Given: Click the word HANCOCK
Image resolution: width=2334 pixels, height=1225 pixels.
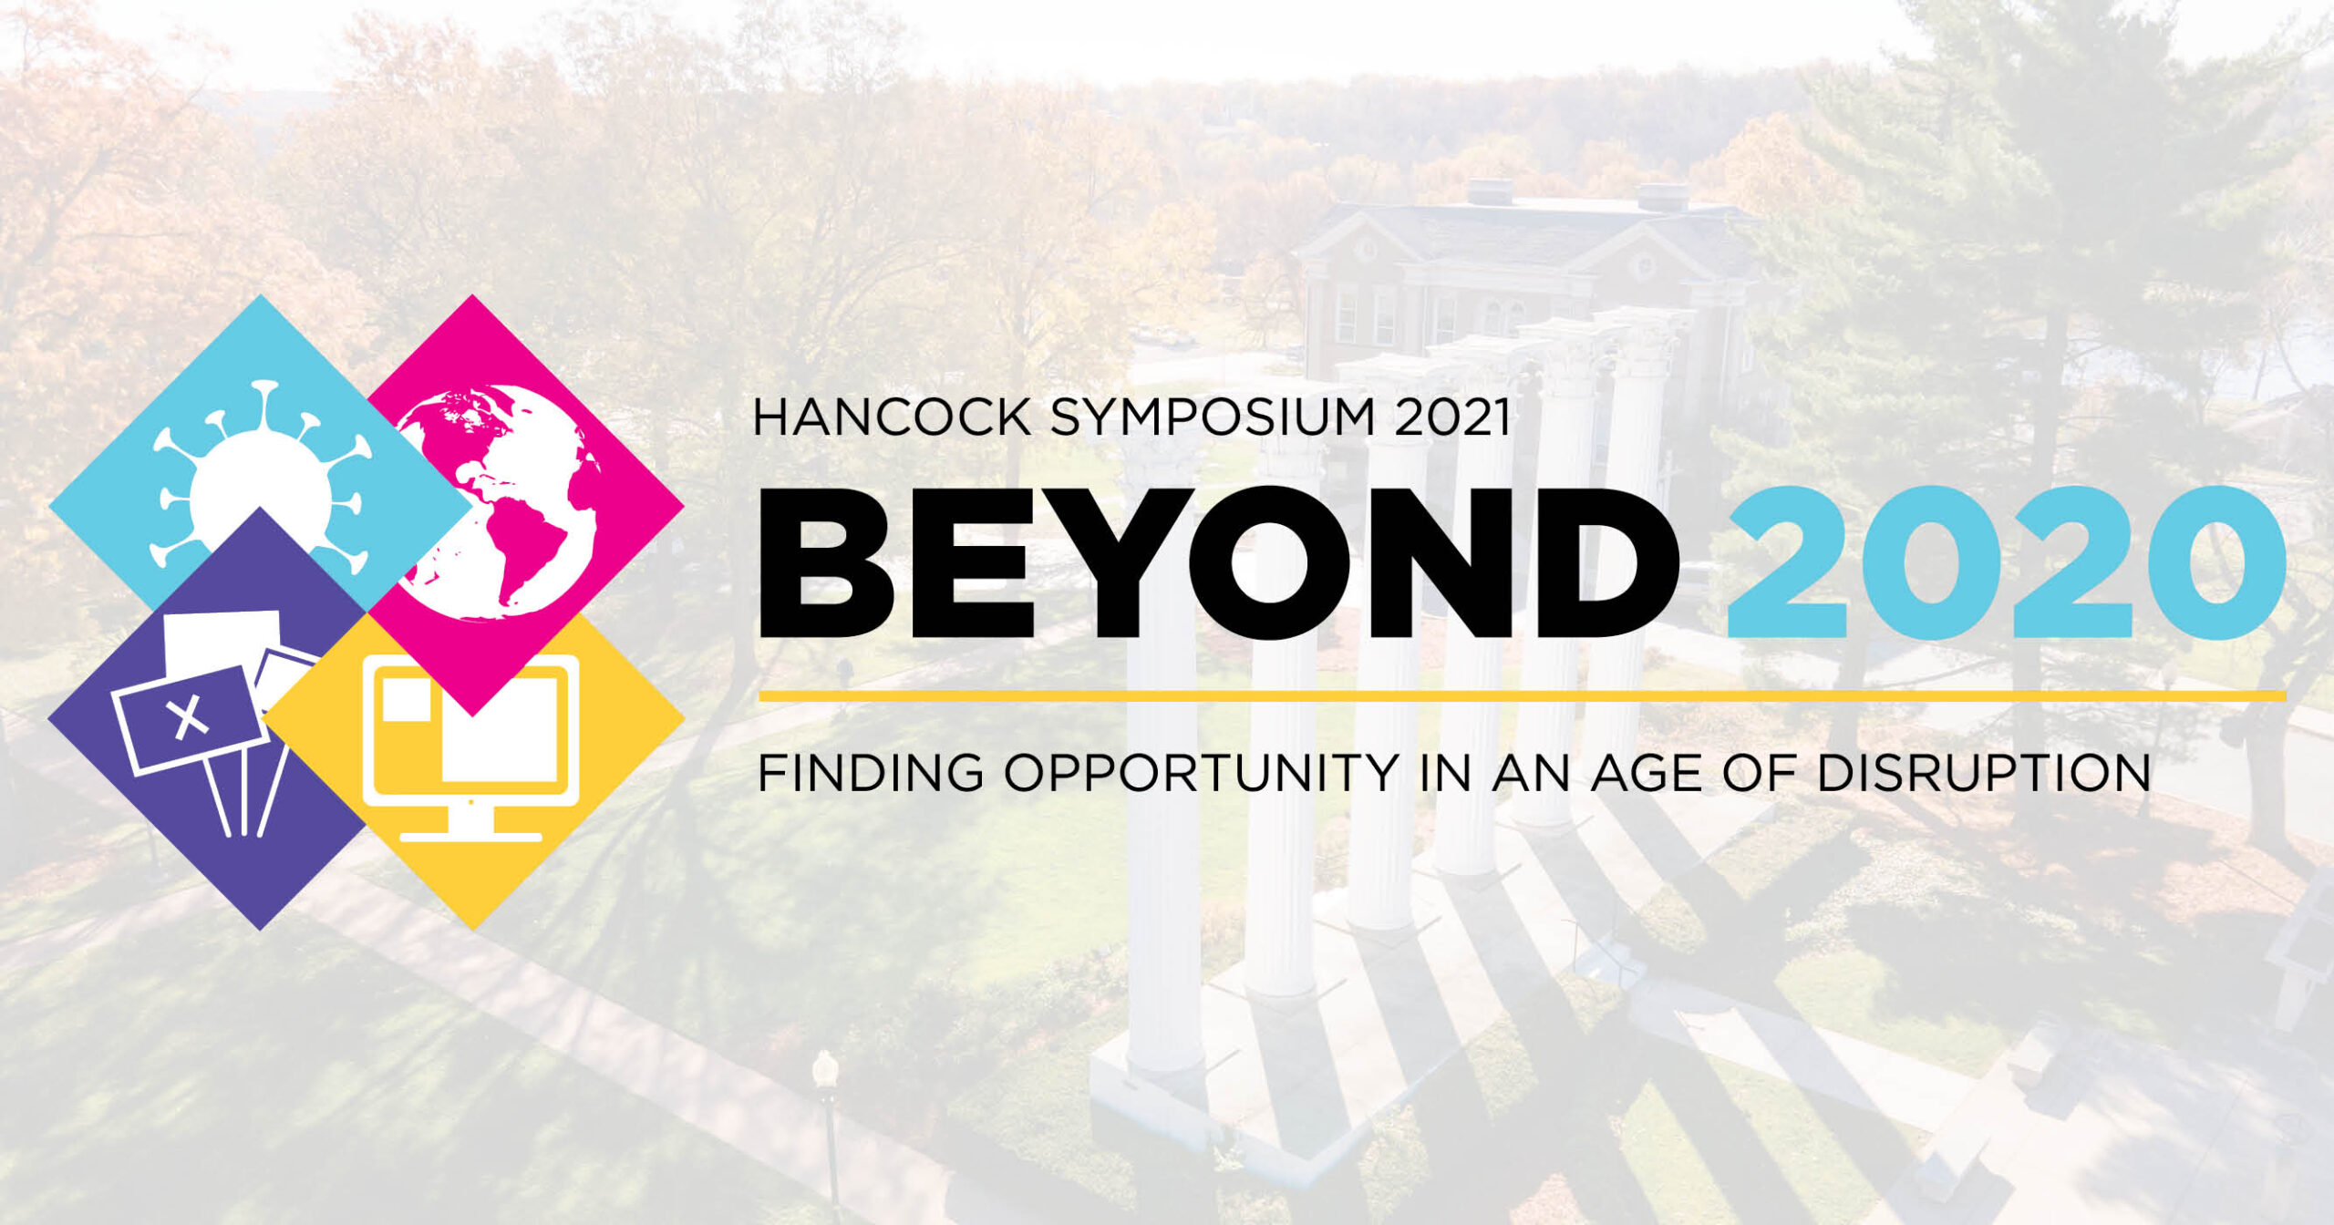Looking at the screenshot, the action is pyautogui.click(x=892, y=417).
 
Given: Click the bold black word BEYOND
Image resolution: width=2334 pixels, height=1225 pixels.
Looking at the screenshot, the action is pyautogui.click(x=1218, y=561).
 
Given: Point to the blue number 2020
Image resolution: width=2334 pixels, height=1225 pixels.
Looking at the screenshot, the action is pyautogui.click(x=2006, y=561).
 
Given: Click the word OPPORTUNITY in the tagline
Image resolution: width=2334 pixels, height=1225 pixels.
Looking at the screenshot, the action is pyautogui.click(x=1201, y=774).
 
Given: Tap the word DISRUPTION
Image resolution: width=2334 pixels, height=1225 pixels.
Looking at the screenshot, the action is pyautogui.click(x=1984, y=774).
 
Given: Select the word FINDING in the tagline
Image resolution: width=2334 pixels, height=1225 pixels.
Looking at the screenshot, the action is pyautogui.click(x=872, y=774).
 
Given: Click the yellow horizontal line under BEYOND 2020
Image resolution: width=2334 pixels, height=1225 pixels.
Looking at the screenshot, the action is pyautogui.click(x=1523, y=696).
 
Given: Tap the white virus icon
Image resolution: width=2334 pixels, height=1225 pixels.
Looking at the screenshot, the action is pyautogui.click(x=261, y=483).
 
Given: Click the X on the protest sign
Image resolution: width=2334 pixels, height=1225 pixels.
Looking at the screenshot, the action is pyautogui.click(x=190, y=716).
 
